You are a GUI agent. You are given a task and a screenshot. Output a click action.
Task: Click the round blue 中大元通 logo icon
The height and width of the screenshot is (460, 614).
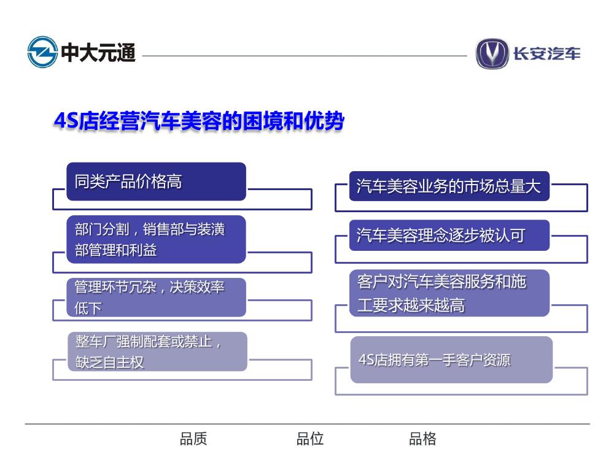click(x=43, y=52)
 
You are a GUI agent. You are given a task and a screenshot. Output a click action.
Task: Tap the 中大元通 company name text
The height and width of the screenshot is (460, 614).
click(x=98, y=53)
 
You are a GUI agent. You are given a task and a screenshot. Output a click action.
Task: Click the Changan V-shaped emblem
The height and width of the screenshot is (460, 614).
click(x=492, y=53)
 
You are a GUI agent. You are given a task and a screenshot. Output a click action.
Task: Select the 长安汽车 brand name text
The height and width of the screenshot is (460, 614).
click(x=546, y=53)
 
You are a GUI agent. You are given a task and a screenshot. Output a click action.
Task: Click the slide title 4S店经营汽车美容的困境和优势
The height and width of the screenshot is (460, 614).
click(x=199, y=120)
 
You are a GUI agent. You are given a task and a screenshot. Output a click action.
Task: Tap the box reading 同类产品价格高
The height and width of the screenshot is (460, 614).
click(x=156, y=182)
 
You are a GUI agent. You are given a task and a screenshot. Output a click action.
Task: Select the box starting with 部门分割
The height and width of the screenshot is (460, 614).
click(x=156, y=239)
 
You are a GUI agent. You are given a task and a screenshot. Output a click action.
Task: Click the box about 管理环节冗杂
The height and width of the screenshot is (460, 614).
click(x=156, y=297)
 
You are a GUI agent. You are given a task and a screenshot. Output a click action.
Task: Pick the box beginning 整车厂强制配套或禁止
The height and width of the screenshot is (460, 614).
click(x=157, y=351)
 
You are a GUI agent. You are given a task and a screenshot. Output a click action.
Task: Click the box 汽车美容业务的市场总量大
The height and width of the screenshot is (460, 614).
click(x=449, y=186)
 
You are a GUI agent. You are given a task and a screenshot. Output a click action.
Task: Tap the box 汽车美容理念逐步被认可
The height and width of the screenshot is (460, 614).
click(x=449, y=236)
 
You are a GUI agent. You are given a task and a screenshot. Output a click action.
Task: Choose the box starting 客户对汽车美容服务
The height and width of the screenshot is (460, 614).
click(x=449, y=293)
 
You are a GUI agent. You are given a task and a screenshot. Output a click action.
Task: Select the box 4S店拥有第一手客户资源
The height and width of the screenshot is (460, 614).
click(x=451, y=360)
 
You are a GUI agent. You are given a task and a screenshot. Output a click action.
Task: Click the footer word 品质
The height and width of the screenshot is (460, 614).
click(x=193, y=439)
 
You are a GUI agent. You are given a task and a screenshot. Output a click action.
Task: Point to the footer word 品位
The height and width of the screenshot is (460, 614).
click(x=309, y=439)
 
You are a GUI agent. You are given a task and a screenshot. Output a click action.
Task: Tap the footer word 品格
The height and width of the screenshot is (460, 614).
click(x=422, y=439)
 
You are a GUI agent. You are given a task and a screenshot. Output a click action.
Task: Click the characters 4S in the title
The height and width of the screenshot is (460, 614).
click(x=66, y=120)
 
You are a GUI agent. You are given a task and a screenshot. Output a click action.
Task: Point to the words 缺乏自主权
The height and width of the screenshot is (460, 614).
click(x=110, y=362)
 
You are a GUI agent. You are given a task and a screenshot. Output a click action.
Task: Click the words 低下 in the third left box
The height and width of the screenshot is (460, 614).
click(x=88, y=309)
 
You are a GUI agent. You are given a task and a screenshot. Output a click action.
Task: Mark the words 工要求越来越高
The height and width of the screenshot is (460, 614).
click(x=411, y=305)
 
